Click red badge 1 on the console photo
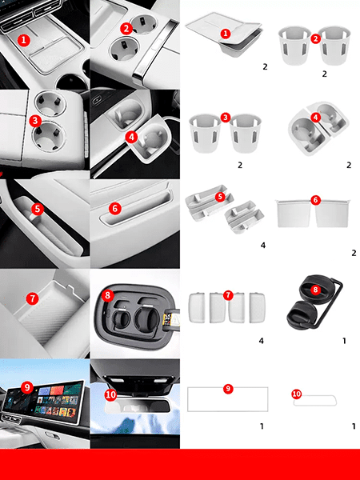[24, 40]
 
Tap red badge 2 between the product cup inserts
[316, 38]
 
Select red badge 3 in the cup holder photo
[35, 121]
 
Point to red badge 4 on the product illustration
[316, 117]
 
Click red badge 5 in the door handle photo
[37, 209]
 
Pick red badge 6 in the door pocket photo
[114, 209]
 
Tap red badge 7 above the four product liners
[228, 295]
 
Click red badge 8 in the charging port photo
[107, 295]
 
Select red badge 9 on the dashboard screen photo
[27, 388]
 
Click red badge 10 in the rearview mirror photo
[110, 395]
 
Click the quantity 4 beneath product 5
[263, 246]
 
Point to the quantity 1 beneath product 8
[344, 341]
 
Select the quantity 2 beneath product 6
[354, 253]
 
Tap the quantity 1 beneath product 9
[262, 426]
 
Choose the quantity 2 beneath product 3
[240, 166]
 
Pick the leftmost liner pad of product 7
[197, 308]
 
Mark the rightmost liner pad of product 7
[257, 308]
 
